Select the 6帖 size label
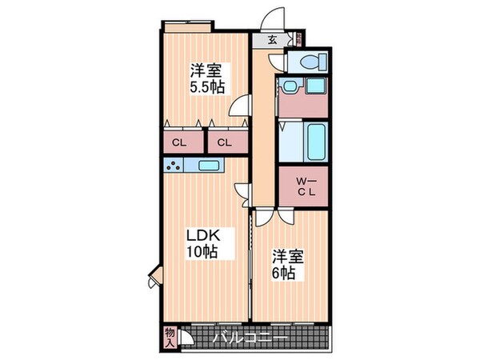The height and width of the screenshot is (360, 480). tap(284, 273)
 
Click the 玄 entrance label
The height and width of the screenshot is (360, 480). tap(272, 40)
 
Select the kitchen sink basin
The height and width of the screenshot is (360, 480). tap(210, 166)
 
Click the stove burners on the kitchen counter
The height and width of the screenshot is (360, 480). tap(173, 166)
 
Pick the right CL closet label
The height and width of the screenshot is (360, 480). tap(225, 143)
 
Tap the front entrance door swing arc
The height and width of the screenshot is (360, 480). tap(274, 18)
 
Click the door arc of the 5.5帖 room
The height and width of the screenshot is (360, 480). tap(238, 109)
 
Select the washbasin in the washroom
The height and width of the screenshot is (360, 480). tap(288, 86)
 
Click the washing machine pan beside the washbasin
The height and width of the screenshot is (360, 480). tap(314, 86)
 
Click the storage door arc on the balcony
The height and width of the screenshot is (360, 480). tap(187, 338)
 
